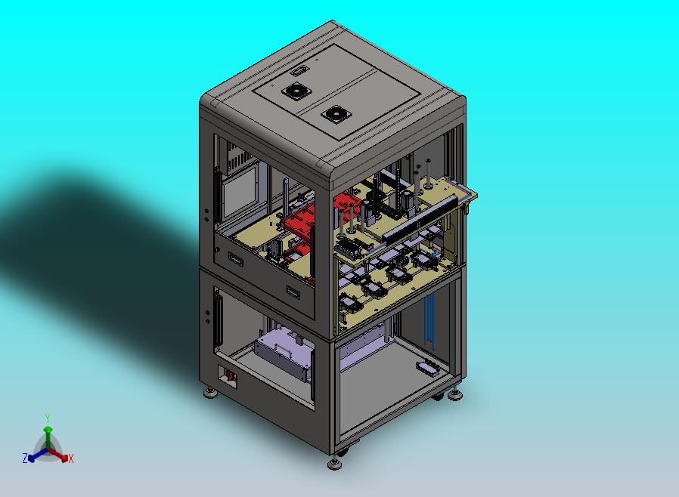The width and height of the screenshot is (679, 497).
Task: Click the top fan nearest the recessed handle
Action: click(297, 91)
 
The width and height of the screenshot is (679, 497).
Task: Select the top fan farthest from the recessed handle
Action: click(336, 114)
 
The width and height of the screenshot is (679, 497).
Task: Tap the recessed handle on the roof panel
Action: click(299, 70)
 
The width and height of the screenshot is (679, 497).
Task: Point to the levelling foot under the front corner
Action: click(335, 464)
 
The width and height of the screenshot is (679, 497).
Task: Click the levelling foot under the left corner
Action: click(210, 394)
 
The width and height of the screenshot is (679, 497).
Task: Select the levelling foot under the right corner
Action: click(454, 395)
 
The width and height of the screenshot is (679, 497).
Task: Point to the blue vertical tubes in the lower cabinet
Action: click(429, 321)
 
